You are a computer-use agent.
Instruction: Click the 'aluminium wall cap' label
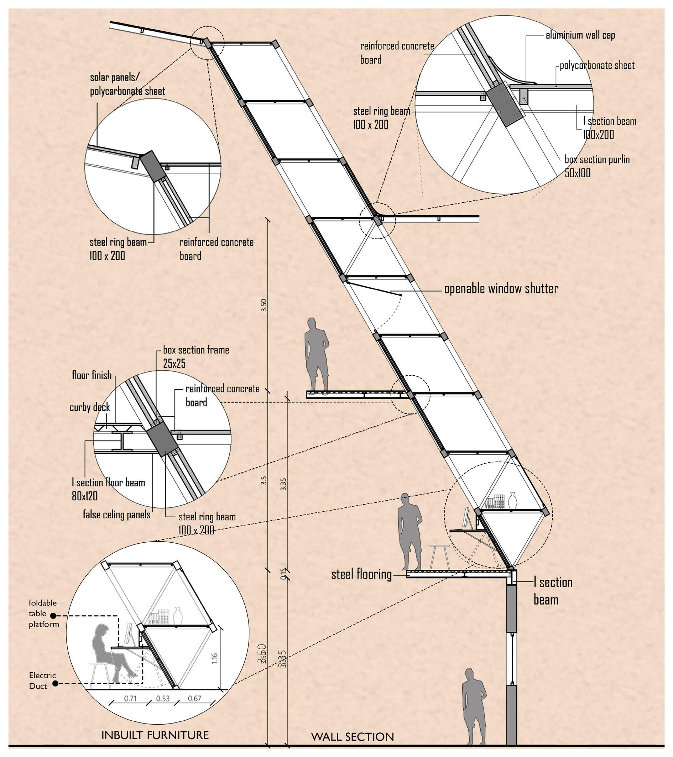580,36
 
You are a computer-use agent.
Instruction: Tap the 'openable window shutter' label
501,289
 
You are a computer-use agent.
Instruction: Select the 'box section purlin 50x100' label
597,166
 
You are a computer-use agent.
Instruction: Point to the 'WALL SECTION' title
352,737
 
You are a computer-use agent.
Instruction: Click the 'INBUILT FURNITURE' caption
155,735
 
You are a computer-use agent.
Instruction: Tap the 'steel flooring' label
361,574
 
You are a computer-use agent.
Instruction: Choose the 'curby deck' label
90,407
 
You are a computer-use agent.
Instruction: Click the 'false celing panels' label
116,515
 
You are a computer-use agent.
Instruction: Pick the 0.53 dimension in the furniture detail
163,699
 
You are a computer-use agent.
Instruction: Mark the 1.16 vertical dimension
214,658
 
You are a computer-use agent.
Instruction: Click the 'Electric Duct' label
42,681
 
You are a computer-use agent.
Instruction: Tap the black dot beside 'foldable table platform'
53,616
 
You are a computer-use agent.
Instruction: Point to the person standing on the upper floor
316,356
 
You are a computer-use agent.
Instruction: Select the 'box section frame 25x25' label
195,357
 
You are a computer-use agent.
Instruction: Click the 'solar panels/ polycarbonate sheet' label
127,84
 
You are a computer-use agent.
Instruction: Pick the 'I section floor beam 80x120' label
108,489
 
